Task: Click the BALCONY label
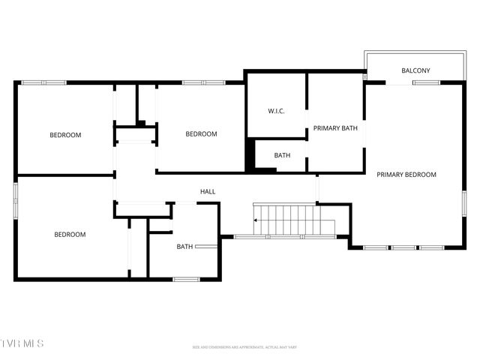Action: [415, 71]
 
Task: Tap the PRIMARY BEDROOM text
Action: [406, 175]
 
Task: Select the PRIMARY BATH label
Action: [335, 128]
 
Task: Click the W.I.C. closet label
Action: [276, 111]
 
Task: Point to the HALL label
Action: [208, 192]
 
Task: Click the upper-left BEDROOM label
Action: [65, 135]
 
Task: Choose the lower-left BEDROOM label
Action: [70, 235]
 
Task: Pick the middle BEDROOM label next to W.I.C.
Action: [201, 134]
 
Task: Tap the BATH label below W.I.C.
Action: [282, 156]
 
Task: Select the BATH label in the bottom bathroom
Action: [184, 247]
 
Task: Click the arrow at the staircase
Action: [256, 220]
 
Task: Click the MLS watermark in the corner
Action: [22, 343]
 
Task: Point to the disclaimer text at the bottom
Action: [244, 347]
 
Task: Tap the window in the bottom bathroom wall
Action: [186, 280]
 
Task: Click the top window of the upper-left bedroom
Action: [43, 82]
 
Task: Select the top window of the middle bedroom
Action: [203, 82]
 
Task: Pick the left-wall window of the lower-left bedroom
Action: [16, 201]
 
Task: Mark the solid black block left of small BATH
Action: [250, 156]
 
